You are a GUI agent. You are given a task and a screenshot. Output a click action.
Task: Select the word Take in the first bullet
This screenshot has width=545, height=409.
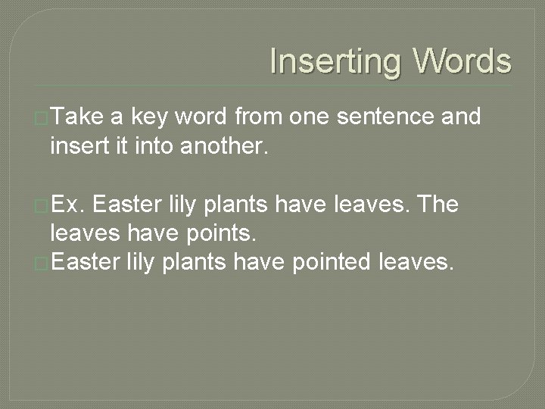point(78,117)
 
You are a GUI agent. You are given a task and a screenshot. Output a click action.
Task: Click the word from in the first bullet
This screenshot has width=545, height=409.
point(257,117)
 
